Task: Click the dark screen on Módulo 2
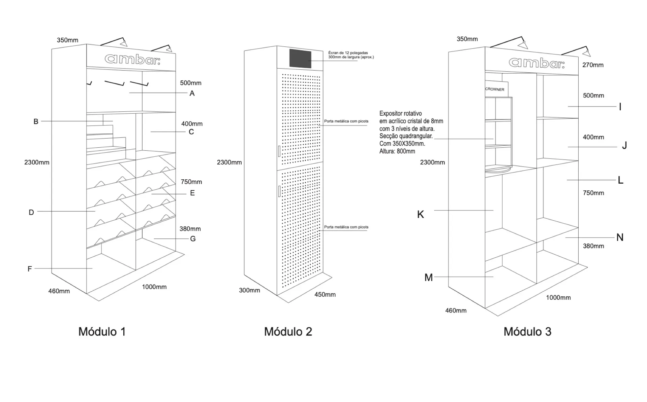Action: coord(300,59)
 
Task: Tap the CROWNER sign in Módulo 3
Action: coord(495,89)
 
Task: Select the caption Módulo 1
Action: coord(102,332)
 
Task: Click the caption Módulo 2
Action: coord(288,332)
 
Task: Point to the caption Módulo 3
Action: coord(527,332)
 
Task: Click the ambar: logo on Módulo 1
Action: coord(132,59)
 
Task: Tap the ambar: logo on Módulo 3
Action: coord(536,63)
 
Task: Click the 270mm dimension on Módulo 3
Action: coord(593,65)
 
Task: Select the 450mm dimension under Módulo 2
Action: coord(325,295)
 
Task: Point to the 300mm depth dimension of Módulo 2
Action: coord(249,290)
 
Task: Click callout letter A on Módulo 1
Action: coord(192,94)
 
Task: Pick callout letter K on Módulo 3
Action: coord(421,214)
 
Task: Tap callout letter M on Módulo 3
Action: coord(428,278)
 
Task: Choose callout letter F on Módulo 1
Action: coord(30,269)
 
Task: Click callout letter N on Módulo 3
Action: coord(620,237)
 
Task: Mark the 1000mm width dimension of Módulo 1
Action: coord(154,287)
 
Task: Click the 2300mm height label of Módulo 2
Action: coord(229,162)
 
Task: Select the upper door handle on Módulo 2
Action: coord(279,151)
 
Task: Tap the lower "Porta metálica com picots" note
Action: coord(346,227)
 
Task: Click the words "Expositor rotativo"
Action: coord(401,113)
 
